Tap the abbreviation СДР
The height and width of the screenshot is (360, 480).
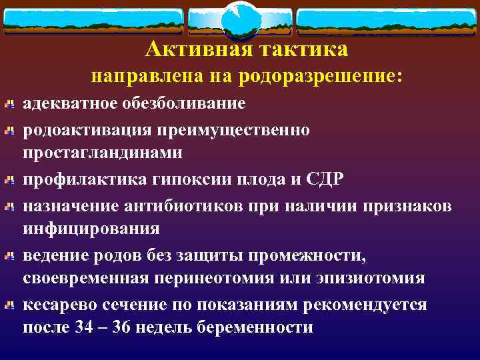pos(327,178)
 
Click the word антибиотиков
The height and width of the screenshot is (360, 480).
pos(197,204)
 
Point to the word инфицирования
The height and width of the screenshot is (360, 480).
pos(92,229)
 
